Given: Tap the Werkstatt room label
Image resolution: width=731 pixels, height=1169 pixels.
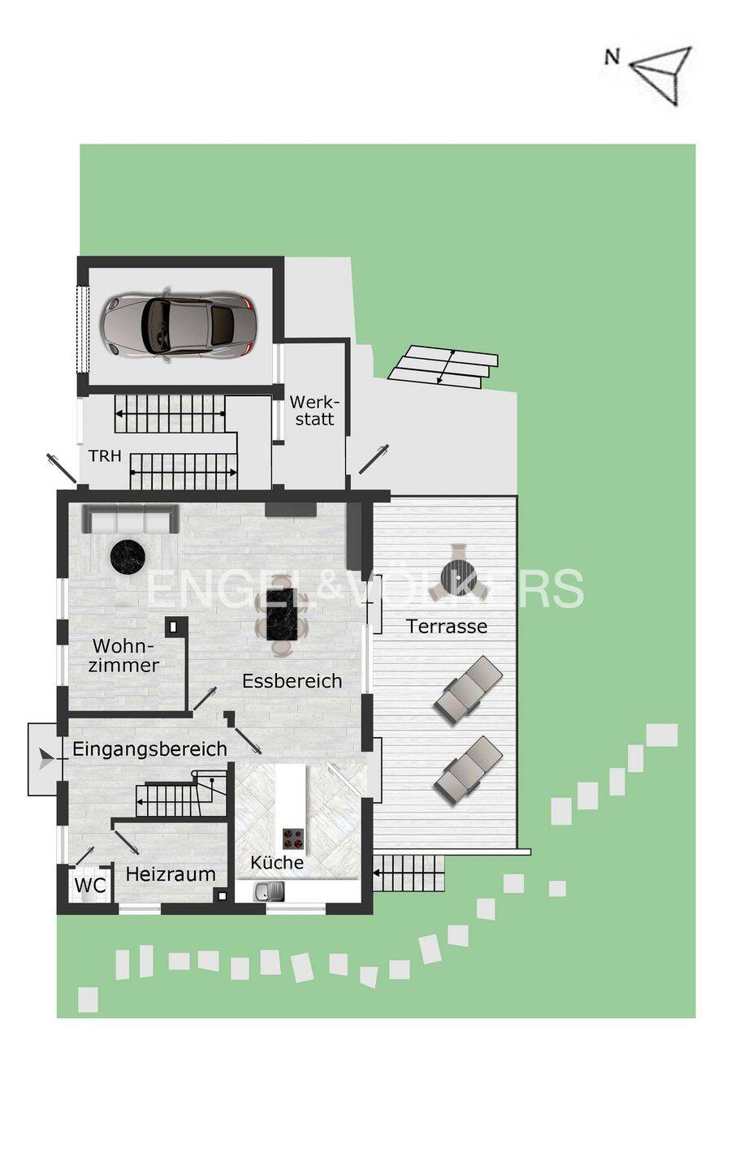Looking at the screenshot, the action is [x=314, y=410].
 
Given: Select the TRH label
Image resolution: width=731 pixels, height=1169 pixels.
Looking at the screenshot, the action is [x=105, y=456].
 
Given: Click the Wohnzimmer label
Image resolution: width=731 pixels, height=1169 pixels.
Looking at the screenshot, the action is [x=123, y=655].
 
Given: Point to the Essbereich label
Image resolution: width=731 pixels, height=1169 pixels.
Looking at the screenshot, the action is [x=292, y=681].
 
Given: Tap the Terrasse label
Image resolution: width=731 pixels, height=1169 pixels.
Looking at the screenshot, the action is [x=447, y=626].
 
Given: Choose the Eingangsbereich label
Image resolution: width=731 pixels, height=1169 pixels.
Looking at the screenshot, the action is [x=149, y=748].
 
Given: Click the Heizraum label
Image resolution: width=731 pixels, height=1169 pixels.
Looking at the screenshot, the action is [x=171, y=874].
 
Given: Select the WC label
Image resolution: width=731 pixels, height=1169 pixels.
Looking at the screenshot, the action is [x=90, y=886].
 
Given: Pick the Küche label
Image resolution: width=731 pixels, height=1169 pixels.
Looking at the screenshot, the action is [x=277, y=862].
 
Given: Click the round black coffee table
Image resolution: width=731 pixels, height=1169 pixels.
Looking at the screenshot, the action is [x=128, y=556].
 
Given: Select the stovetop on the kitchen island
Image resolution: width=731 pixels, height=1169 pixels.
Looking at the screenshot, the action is [x=292, y=837].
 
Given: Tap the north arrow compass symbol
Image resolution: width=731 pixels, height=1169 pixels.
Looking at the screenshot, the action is [x=664, y=74].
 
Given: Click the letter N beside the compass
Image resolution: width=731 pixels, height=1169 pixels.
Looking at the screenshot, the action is [x=612, y=57].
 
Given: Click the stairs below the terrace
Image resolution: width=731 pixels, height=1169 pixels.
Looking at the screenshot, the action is [x=409, y=874].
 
